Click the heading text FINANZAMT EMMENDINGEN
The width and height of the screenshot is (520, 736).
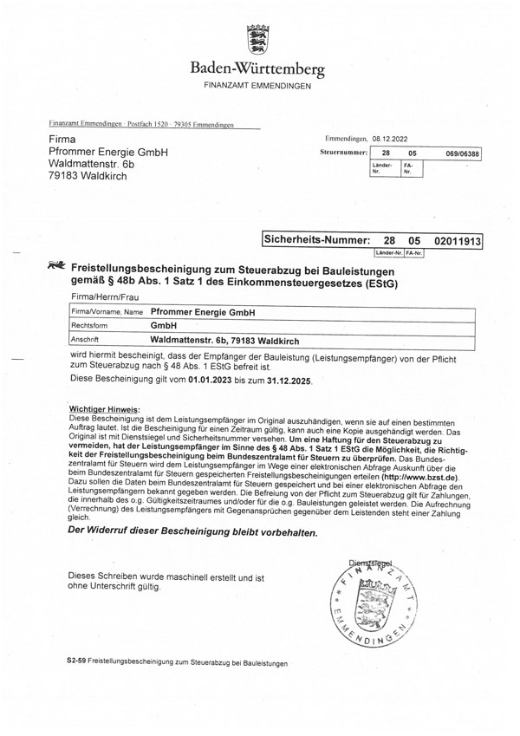coord(259,88)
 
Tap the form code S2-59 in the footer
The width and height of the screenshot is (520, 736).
coord(76,662)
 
